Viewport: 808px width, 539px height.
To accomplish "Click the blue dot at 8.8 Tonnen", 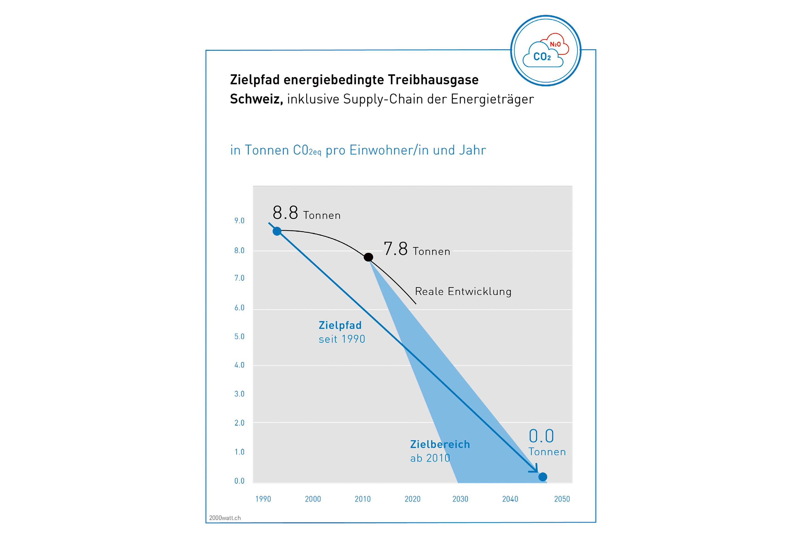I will [277, 231].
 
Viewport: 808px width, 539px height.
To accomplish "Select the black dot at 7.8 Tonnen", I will [368, 257].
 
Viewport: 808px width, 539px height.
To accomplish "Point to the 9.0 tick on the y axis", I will [239, 221].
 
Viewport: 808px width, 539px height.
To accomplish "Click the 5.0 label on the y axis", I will [239, 337].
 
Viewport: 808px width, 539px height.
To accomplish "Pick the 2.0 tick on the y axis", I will [239, 423].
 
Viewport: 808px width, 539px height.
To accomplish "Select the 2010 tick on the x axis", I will [363, 499].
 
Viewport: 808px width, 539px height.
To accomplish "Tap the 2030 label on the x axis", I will [460, 499].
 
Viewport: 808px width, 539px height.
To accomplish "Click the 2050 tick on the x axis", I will [562, 499].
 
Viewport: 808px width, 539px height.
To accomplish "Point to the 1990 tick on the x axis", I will [263, 499].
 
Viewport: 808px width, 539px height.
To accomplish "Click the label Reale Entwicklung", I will [463, 291].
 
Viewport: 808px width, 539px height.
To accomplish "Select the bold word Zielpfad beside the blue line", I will [340, 325].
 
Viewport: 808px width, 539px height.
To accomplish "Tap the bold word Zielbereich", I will [440, 444].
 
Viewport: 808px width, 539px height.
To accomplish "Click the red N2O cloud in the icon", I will [556, 43].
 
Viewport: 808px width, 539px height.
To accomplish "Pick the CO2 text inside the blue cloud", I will [542, 57].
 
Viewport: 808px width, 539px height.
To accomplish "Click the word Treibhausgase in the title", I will [433, 80].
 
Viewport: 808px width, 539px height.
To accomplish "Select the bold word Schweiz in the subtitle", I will [256, 99].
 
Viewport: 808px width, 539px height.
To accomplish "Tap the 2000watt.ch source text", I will [225, 518].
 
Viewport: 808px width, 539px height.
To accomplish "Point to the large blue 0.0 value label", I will [541, 436].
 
